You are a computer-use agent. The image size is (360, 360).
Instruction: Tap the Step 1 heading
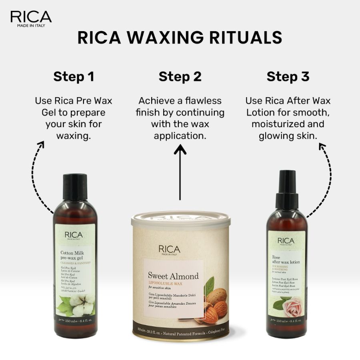[x=74, y=76]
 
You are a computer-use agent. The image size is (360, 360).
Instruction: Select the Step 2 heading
[x=180, y=76]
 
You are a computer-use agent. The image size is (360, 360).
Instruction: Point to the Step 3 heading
[x=288, y=76]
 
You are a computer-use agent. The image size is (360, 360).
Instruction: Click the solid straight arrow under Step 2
[x=180, y=172]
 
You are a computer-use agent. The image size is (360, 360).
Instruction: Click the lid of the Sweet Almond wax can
[x=181, y=220]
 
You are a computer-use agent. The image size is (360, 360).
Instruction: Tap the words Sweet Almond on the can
[x=173, y=276]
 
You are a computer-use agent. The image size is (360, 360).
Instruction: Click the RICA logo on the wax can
[x=169, y=250]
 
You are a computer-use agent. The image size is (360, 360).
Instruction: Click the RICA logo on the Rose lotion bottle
[x=286, y=241]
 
